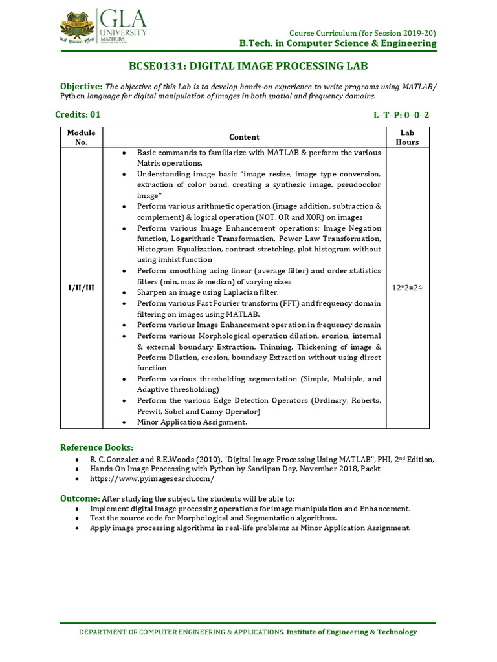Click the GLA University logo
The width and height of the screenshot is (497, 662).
click(x=104, y=25)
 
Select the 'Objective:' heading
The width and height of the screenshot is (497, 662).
click(x=81, y=87)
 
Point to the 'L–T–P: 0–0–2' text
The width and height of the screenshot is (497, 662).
click(x=401, y=115)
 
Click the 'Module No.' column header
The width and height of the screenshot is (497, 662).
click(x=82, y=137)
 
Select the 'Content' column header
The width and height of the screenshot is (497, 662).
click(x=244, y=137)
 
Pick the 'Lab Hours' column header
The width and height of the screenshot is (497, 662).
click(x=407, y=137)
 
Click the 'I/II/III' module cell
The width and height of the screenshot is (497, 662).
click(x=82, y=288)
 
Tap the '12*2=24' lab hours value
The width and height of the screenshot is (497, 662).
click(x=407, y=288)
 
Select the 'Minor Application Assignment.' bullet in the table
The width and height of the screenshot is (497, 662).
click(x=192, y=422)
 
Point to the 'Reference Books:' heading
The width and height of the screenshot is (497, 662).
click(x=96, y=447)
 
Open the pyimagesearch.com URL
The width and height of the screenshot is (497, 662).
click(x=152, y=479)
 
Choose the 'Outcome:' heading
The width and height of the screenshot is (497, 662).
click(x=80, y=498)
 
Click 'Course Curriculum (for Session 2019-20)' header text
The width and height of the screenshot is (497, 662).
click(x=362, y=33)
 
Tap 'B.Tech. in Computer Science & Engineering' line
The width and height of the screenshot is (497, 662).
click(x=338, y=43)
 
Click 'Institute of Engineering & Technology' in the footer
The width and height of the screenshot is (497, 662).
click(x=352, y=632)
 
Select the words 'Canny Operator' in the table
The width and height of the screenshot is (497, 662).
click(x=232, y=411)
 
